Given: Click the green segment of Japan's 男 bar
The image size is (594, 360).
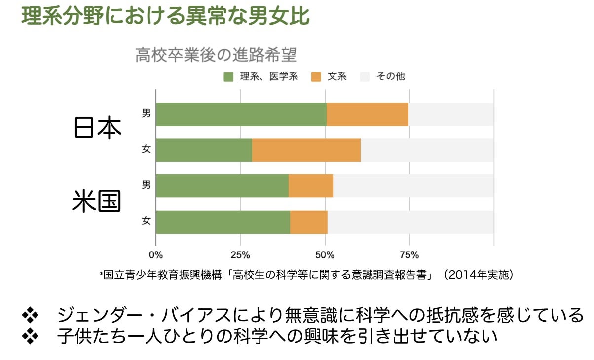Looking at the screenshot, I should click(241, 114).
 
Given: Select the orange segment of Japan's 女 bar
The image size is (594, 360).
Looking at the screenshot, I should click(306, 150).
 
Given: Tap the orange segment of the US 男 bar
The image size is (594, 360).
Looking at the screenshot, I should click(311, 186).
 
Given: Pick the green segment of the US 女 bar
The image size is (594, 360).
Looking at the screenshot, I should click(223, 222).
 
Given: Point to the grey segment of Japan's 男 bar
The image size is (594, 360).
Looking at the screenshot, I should click(451, 114).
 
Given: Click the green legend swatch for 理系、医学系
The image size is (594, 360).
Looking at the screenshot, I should click(228, 76).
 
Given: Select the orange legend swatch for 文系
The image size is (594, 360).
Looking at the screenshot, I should click(316, 76).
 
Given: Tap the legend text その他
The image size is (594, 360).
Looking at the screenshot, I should click(390, 76).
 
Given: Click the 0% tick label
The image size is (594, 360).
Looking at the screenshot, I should click(156, 255).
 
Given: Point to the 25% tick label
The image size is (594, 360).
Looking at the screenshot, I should click(240, 255).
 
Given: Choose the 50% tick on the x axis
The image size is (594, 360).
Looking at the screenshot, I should click(325, 255).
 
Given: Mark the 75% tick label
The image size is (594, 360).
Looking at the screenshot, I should click(409, 255).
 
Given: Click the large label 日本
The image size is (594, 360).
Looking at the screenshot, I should click(97, 128).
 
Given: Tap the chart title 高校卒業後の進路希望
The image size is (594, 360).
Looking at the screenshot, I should click(216, 55).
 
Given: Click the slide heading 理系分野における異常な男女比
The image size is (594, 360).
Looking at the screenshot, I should click(165, 16).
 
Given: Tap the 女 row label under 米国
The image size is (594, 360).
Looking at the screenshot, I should click(146, 221).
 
